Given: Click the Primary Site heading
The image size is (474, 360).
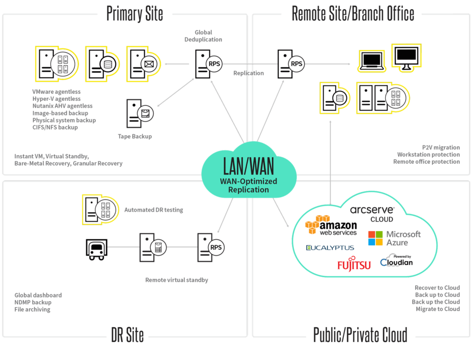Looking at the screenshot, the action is click(135, 13).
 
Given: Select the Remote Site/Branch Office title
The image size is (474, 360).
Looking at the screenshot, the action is click(353, 13).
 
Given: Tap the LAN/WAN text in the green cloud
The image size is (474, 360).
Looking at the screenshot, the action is click(249, 166).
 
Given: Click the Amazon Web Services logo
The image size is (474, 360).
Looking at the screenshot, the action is click(331, 225).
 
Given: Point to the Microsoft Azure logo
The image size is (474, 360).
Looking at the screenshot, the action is click(394, 238).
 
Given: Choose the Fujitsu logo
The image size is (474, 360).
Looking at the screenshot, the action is click(354, 264).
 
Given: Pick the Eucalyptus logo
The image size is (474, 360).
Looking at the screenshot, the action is click(330, 248).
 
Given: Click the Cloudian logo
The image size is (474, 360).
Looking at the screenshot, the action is click(396, 261).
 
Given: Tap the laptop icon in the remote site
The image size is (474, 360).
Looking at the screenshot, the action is click(372, 61).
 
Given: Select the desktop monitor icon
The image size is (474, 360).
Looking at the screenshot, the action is click(406, 57).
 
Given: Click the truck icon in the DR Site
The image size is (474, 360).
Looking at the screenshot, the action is click(96, 249).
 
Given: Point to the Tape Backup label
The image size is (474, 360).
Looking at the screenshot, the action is click(135, 137).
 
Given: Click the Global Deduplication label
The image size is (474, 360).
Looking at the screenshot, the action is click(203, 36).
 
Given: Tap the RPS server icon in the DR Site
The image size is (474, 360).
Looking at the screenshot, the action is click(211, 247).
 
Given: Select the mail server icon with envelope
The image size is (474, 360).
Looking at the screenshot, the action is click(143, 64).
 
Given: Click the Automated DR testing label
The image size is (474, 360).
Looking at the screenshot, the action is click(154, 210).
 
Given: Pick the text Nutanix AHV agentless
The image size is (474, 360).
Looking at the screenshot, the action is click(62, 106).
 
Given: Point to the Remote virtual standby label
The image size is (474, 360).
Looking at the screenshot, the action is click(176, 280).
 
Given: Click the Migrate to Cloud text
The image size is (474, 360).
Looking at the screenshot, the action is click(438, 309).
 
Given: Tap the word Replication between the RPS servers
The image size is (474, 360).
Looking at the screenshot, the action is click(249, 73).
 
